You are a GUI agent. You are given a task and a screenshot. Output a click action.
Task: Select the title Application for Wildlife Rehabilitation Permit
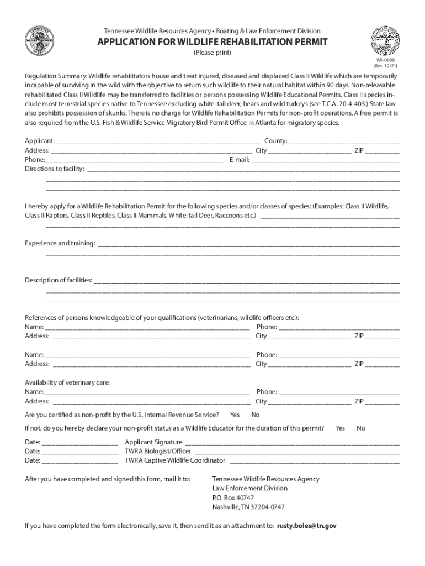pos(212,42)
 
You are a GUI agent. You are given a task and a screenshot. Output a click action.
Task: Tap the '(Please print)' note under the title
pos(212,53)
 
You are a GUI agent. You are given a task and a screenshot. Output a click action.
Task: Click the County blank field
pos(344,141)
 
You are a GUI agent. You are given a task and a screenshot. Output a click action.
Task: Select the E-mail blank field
pos(325,160)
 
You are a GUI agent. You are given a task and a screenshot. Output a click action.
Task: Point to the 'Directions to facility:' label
pos(55,169)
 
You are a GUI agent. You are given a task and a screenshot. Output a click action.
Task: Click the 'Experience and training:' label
pos(60,243)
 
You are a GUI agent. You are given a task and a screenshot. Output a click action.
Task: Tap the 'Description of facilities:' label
pos(59,280)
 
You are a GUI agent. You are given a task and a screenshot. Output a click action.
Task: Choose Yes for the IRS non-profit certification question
pos(235,415)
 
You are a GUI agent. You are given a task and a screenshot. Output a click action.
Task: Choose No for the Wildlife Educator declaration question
pos(361,428)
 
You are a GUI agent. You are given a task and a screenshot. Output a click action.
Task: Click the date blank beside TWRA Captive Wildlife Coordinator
pos(79,460)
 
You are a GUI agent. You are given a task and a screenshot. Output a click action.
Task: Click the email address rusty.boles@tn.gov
pos(306,526)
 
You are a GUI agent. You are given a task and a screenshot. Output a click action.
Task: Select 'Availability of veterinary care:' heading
pos(67,382)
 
